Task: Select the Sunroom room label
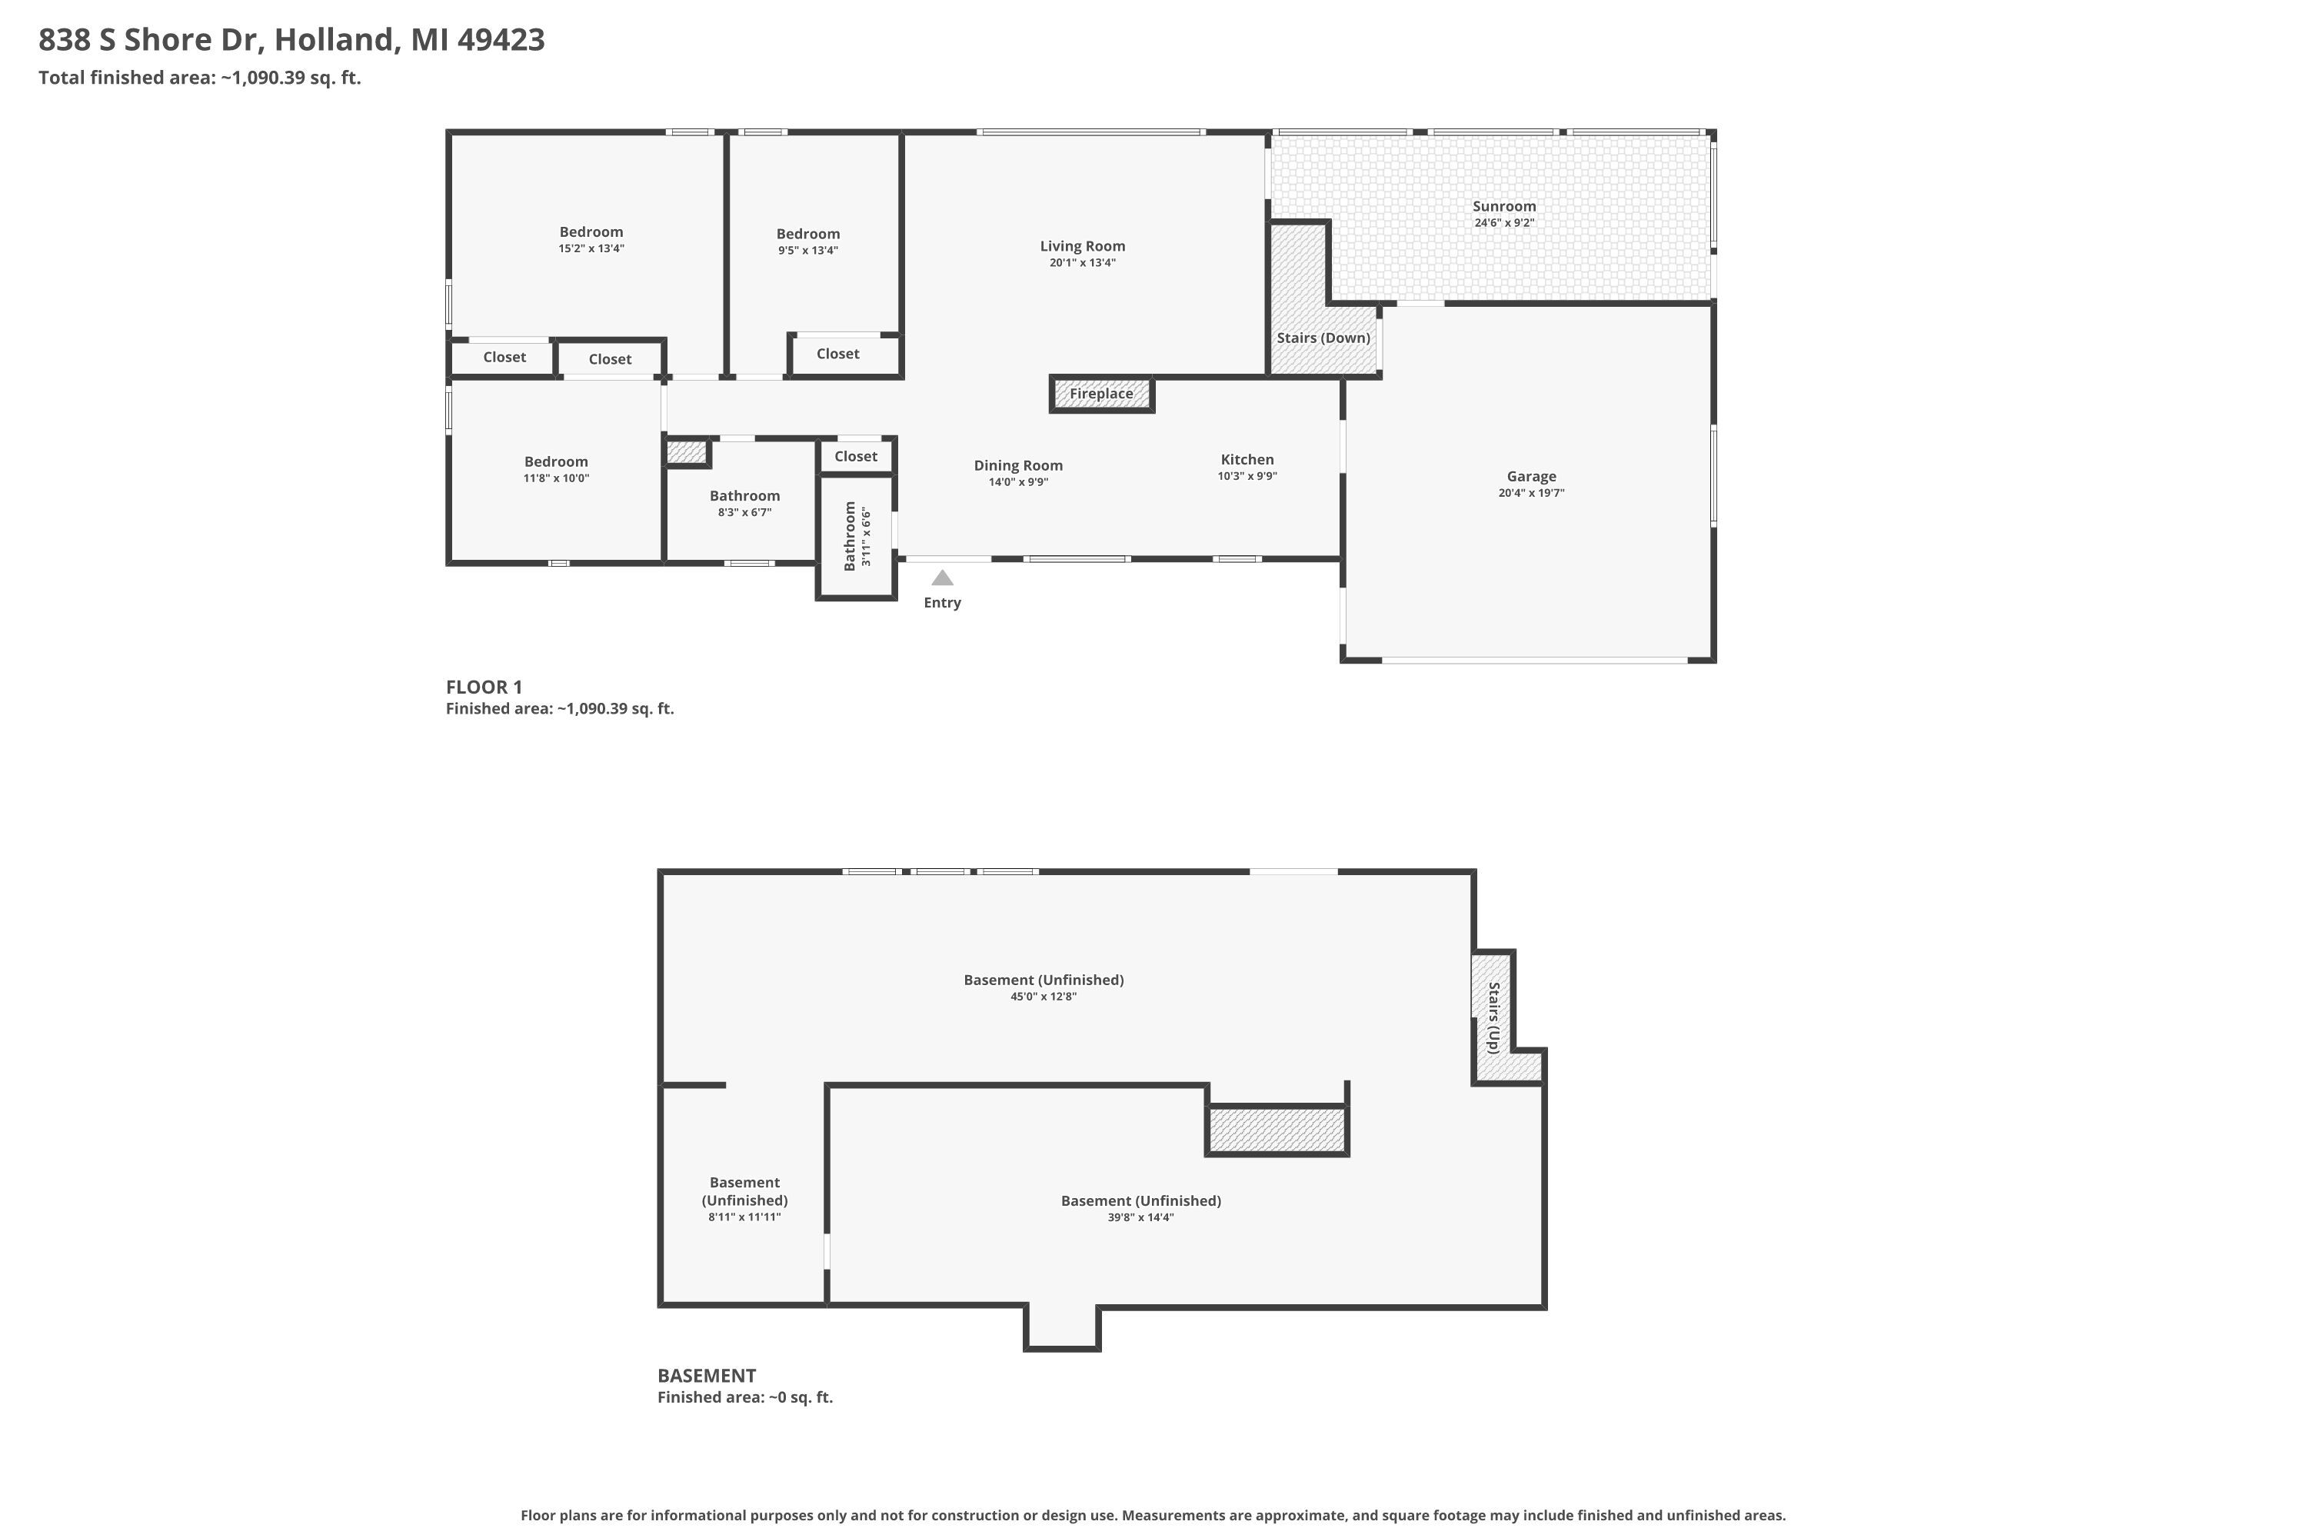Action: point(1503,206)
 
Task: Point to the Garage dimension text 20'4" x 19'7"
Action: point(1531,494)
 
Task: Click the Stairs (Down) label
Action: point(1323,338)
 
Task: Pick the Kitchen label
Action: point(1247,459)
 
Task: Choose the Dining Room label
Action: point(1018,466)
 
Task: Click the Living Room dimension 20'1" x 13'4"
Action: point(1082,263)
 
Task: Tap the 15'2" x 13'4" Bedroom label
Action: point(591,232)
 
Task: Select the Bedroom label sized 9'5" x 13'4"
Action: point(807,235)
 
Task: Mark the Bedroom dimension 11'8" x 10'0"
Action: point(556,478)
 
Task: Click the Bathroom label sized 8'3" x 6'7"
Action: point(744,496)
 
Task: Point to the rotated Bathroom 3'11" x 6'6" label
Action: point(857,535)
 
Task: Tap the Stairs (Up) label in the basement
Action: point(1493,1017)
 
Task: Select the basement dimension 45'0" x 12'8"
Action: point(1044,997)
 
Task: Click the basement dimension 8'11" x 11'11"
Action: point(744,1217)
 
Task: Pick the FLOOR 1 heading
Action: point(484,687)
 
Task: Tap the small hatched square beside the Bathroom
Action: point(687,452)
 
